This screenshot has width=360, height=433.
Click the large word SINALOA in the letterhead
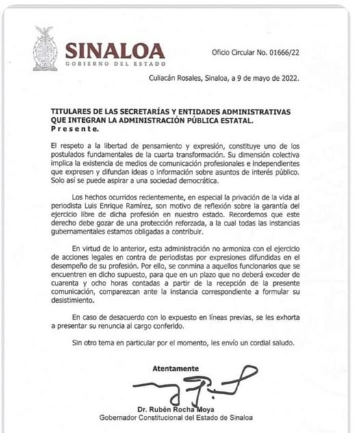tap(115, 51)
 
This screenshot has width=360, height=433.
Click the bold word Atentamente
tap(176, 368)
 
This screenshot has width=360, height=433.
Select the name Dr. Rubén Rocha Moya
tap(186, 409)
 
